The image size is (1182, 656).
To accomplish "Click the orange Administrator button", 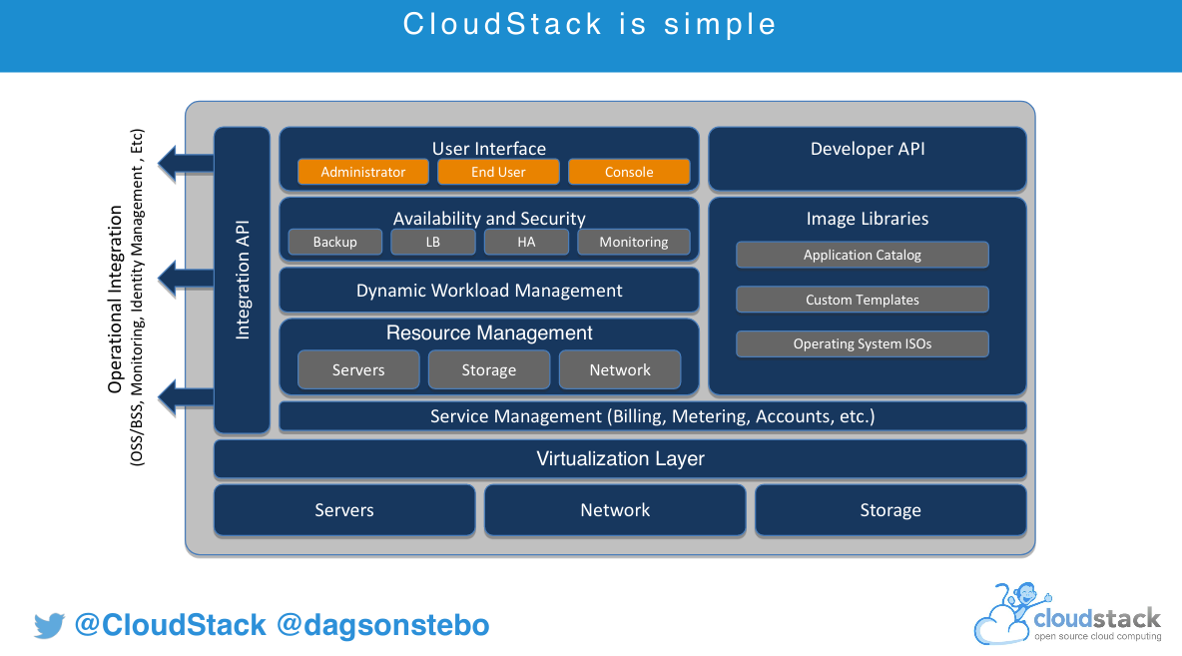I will click(363, 172).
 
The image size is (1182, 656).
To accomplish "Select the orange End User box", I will click(498, 172).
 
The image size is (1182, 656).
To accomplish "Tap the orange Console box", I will click(629, 172).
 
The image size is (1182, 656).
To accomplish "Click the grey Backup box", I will click(334, 242).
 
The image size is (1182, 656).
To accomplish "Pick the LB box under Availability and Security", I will click(433, 242).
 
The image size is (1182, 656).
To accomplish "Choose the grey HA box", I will click(526, 242).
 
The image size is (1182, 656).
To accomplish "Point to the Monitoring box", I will click(633, 242).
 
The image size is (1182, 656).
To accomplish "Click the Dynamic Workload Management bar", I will click(489, 291).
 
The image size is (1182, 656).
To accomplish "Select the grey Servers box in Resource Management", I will click(358, 369).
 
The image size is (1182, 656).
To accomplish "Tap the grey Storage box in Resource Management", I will click(489, 369).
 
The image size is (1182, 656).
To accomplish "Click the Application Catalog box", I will click(863, 255).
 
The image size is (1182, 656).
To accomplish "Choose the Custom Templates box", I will click(863, 300).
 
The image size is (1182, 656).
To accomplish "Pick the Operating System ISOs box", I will click(863, 343).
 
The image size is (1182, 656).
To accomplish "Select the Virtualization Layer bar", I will click(620, 459).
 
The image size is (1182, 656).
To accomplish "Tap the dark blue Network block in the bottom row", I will click(615, 510).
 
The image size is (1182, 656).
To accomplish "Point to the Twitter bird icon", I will click(49, 626).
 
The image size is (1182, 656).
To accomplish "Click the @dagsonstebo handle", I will click(382, 626).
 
